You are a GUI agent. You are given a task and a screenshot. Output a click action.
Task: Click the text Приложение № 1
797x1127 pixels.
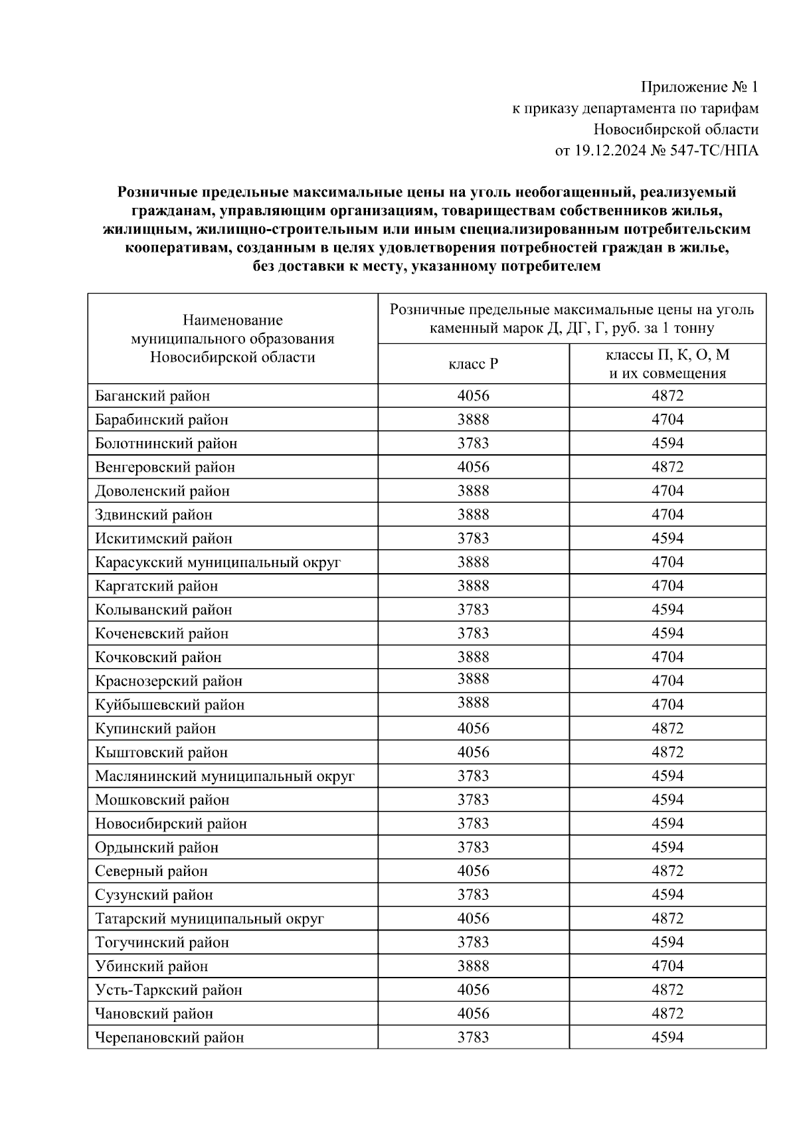[699, 87]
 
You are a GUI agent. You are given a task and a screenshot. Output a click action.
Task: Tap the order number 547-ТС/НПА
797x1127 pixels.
[714, 151]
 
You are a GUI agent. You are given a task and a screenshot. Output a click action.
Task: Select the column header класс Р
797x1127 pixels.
[473, 364]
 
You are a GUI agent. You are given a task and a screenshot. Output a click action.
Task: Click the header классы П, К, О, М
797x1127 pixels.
[667, 355]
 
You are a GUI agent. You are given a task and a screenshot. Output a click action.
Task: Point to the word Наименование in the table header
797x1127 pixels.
[232, 320]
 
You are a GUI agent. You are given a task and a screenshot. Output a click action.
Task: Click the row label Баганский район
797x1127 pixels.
[152, 396]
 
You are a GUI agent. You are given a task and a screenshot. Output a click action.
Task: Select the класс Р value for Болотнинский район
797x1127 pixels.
[473, 443]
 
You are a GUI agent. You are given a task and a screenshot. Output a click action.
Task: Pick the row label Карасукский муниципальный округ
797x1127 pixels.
[218, 562]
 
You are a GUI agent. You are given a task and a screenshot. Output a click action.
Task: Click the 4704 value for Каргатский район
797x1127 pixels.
[667, 586]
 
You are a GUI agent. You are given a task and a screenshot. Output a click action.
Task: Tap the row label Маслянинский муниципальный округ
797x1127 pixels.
[224, 776]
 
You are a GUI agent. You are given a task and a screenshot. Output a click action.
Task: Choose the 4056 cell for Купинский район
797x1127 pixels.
[473, 729]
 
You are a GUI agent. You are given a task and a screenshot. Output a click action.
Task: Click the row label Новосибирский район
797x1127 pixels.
[171, 824]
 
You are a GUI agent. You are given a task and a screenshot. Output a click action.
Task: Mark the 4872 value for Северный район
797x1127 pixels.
[667, 871]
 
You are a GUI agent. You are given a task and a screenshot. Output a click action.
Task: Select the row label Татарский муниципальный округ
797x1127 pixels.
[209, 918]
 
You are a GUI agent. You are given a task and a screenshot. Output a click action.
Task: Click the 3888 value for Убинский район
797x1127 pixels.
[473, 966]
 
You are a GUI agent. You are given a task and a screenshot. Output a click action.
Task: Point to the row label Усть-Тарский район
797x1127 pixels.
[168, 990]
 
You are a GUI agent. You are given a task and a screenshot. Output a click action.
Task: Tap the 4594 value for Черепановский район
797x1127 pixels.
[667, 1037]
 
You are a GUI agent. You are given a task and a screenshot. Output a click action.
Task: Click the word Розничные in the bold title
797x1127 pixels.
[157, 193]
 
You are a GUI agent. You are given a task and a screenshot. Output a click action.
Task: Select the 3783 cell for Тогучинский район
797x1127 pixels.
[473, 942]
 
